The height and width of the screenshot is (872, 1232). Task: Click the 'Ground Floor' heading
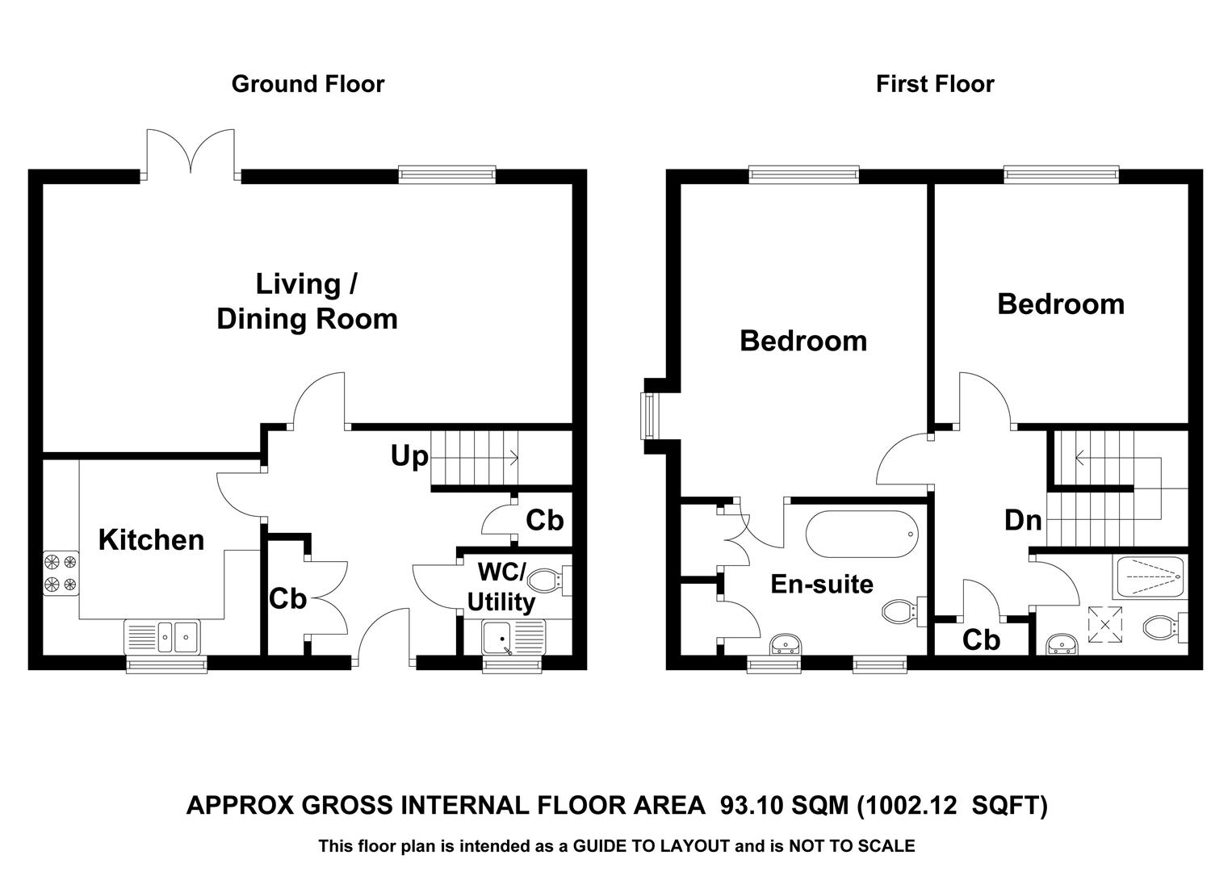click(308, 84)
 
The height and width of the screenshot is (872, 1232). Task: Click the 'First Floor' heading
click(935, 84)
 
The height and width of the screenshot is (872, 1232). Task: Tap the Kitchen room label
click(151, 540)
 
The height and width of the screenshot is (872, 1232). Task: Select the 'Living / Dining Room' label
click(307, 302)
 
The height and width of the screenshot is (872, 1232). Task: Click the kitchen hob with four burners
click(61, 573)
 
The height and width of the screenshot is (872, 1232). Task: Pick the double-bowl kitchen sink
click(165, 637)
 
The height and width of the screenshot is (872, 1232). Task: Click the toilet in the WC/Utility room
click(550, 580)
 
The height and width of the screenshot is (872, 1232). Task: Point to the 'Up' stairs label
click(409, 457)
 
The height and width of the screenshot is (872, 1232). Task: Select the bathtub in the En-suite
click(862, 534)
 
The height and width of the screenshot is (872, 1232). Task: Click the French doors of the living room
click(191, 153)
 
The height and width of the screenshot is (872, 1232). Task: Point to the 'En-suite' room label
click(822, 584)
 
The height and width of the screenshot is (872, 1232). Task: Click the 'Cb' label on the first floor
click(981, 640)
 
